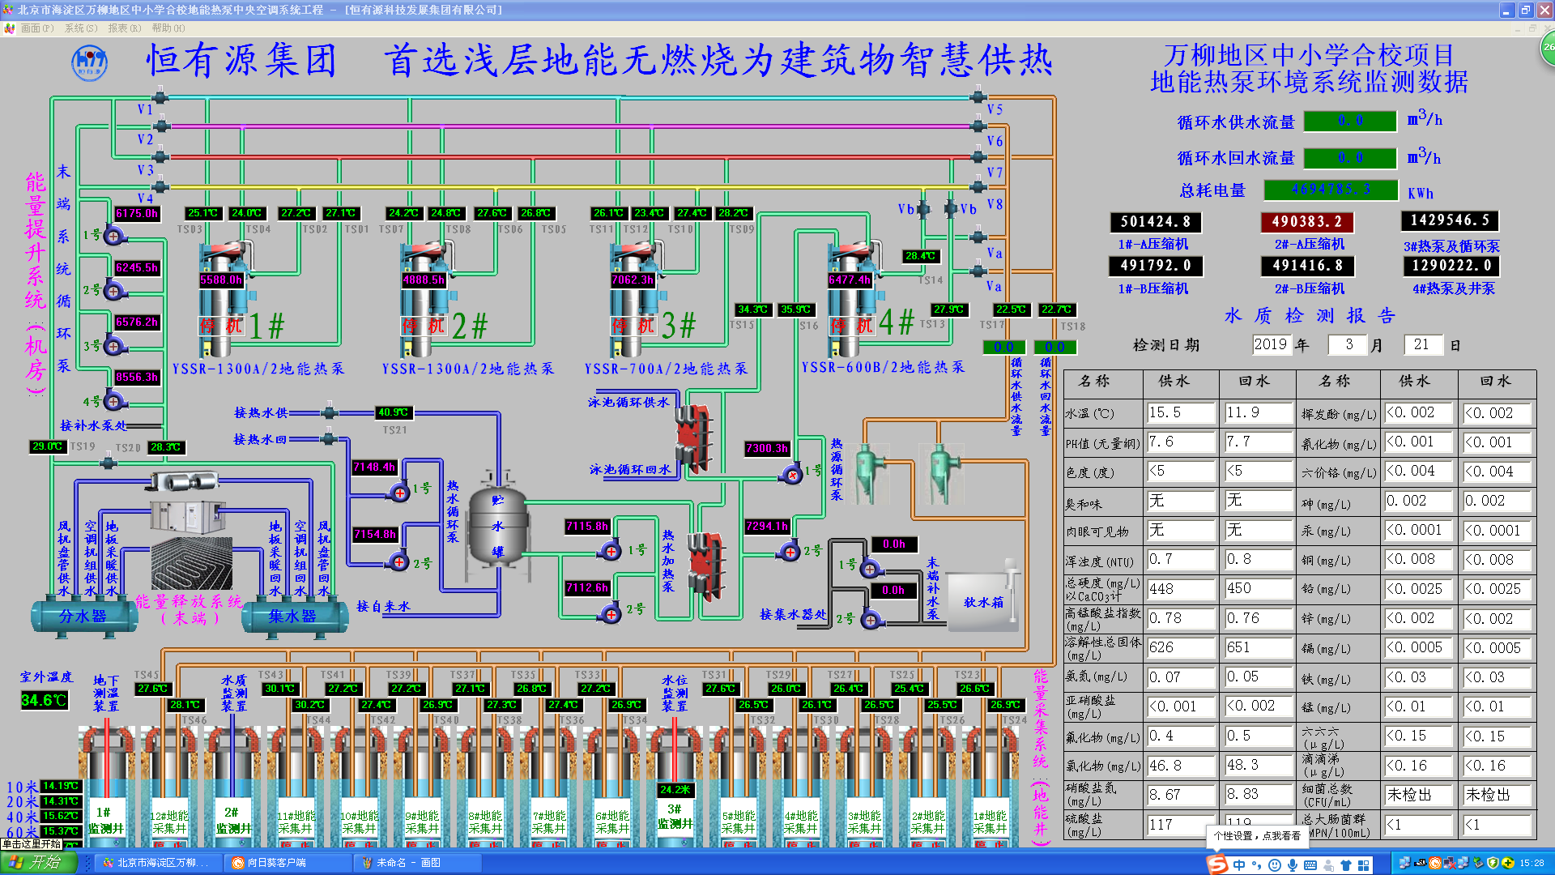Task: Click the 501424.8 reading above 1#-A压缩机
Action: (x=1155, y=222)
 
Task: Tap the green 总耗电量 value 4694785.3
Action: (x=1331, y=190)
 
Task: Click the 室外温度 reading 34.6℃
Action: (x=44, y=700)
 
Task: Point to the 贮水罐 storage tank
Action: (x=497, y=527)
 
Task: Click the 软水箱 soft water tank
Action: (x=983, y=602)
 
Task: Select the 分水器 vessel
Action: (x=83, y=617)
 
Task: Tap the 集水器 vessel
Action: (x=292, y=617)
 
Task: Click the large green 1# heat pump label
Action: (x=267, y=326)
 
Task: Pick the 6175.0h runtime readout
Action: (x=137, y=214)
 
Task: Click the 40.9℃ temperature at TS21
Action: (x=394, y=412)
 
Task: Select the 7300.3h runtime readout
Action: (x=767, y=448)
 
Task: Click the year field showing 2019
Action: (x=1271, y=344)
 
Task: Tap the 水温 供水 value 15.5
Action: (x=1180, y=412)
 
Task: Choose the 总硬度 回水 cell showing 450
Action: (x=1257, y=588)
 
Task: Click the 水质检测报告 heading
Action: (x=1309, y=315)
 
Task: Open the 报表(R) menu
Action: (x=124, y=28)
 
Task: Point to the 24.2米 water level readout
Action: (x=675, y=789)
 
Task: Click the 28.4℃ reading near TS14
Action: (x=920, y=256)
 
